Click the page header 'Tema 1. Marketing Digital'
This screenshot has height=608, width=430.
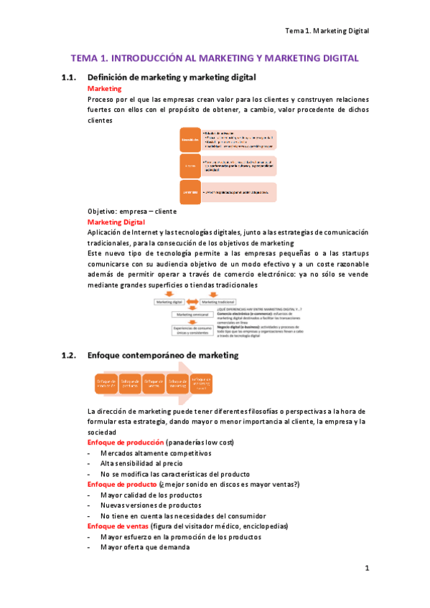click(x=326, y=31)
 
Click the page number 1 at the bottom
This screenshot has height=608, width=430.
click(x=366, y=569)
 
